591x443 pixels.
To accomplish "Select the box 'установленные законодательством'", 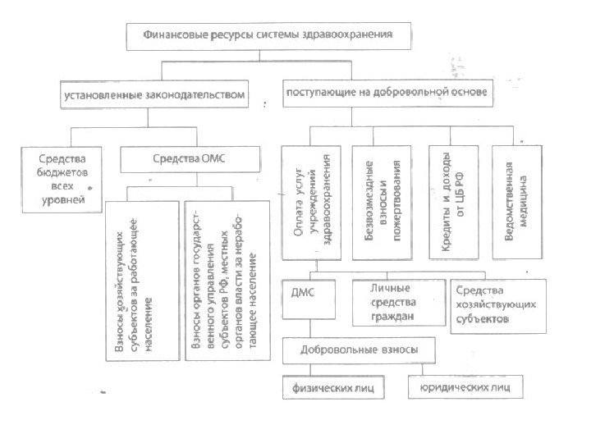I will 154,94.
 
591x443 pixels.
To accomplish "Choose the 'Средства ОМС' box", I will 184,157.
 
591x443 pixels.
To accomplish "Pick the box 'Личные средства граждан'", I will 397,300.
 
